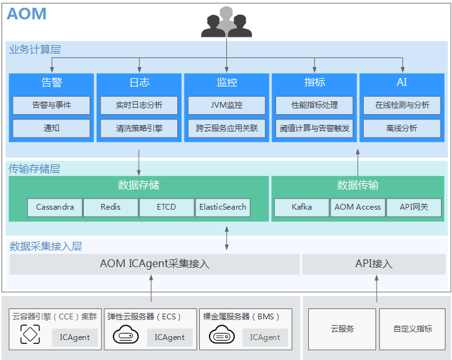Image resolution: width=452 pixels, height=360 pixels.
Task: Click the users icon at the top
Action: click(x=226, y=22)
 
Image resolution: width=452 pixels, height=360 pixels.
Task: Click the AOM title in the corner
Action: click(x=26, y=14)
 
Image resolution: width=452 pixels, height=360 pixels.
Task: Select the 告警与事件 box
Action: click(x=52, y=105)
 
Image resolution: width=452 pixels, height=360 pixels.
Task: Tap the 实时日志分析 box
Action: click(x=139, y=105)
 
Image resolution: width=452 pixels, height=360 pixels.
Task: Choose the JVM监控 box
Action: click(x=226, y=105)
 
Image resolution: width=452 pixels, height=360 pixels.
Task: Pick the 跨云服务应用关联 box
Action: click(x=226, y=128)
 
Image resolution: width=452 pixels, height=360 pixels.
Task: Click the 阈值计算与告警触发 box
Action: click(x=315, y=128)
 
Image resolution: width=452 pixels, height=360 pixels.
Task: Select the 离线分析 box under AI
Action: click(x=402, y=128)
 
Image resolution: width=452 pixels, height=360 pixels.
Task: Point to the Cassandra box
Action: click(x=55, y=207)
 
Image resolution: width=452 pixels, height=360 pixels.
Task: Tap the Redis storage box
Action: click(x=111, y=207)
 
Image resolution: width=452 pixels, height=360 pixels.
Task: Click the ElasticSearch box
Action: click(x=222, y=207)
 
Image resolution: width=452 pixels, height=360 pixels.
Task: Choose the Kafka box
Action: click(x=302, y=207)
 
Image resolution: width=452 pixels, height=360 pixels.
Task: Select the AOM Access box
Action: click(x=359, y=207)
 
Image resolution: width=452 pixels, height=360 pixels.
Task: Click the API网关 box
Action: click(x=414, y=207)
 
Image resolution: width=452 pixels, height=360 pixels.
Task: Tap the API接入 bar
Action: click(x=374, y=264)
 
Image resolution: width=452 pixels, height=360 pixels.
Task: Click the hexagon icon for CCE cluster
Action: click(x=30, y=334)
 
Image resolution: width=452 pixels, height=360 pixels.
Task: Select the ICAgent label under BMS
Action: click(x=265, y=337)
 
